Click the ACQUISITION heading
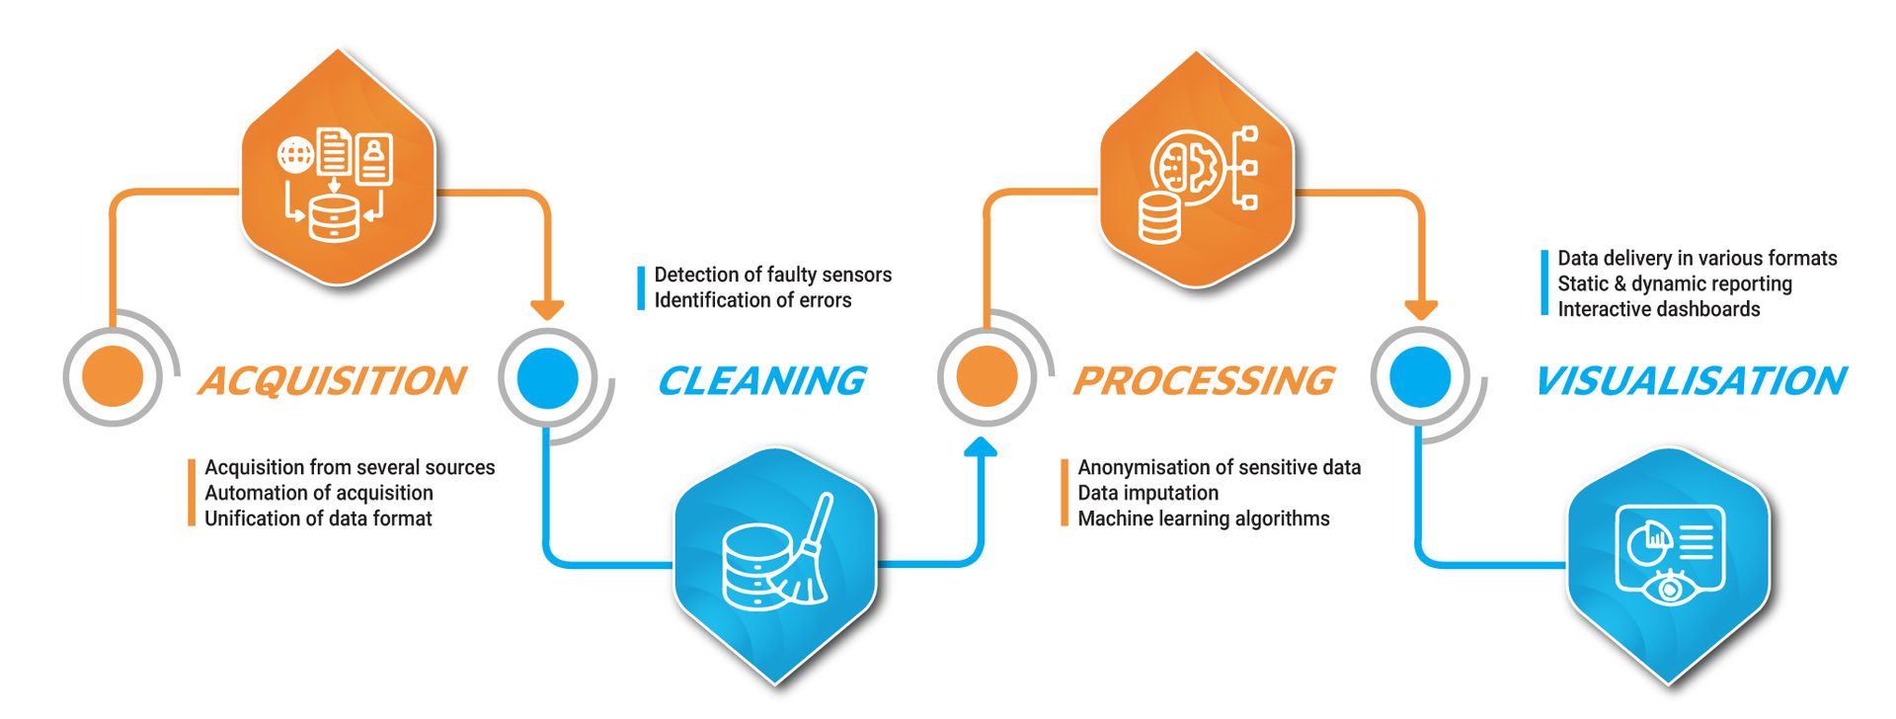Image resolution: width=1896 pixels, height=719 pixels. pos(332,381)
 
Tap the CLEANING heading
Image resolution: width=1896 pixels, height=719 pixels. pos(761,381)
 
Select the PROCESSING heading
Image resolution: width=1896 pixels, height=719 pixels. pos(1204,381)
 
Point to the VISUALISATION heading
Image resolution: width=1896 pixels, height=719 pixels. pos(1690,381)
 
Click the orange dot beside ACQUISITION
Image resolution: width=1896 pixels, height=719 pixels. pos(113,376)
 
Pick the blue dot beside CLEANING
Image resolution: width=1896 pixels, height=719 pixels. pos(548,376)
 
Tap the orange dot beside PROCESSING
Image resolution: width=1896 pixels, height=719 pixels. pos(987,376)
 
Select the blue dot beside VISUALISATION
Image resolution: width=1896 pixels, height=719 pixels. pos(1420,376)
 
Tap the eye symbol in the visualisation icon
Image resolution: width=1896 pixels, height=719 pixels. pos(1669,589)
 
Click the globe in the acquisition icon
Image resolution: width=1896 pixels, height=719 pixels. pos(295,155)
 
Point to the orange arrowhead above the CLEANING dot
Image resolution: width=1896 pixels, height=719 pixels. pos(547,309)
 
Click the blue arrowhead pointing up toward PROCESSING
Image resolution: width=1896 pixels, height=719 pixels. pos(981,447)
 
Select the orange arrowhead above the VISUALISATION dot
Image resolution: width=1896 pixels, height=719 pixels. pos(1421,309)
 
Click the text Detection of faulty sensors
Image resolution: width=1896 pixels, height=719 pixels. pos(772,275)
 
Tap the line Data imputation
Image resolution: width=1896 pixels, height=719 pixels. pos(1147,493)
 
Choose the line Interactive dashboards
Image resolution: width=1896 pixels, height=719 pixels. pos(1658,309)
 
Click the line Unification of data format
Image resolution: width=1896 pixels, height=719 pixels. pos(318,519)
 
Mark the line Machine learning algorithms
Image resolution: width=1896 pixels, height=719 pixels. pos(1203,519)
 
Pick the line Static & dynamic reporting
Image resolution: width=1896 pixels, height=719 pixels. pos(1674,283)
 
